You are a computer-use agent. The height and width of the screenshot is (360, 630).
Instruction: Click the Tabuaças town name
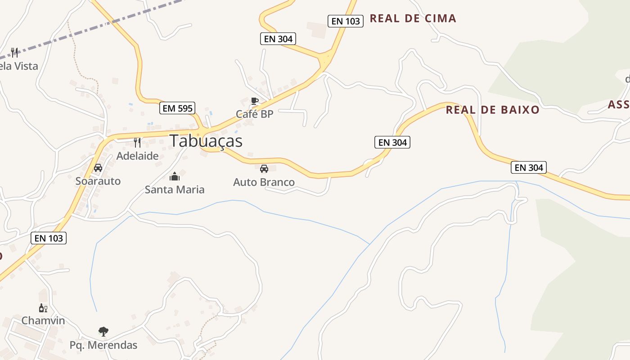[206, 141]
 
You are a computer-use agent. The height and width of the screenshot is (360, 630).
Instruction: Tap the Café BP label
[255, 114]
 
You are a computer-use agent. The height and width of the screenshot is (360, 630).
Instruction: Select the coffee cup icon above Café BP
[255, 101]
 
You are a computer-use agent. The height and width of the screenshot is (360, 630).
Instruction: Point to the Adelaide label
[137, 156]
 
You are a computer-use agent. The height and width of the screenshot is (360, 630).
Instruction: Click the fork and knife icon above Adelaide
[137, 143]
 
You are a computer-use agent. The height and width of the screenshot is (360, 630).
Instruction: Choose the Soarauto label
[98, 181]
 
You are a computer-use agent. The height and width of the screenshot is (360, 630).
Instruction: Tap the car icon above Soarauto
[98, 168]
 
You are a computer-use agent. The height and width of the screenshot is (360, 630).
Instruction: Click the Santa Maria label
[175, 189]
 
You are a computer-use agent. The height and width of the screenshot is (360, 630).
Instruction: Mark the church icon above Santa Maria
[175, 176]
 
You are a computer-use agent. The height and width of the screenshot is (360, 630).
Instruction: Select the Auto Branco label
[264, 182]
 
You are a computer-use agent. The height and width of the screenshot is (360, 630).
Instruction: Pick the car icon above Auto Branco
[264, 169]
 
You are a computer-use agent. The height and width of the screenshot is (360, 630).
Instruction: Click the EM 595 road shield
[177, 108]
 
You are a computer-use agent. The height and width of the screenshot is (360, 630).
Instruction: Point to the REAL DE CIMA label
[413, 18]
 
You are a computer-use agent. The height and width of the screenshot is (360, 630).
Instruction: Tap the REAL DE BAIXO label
[492, 110]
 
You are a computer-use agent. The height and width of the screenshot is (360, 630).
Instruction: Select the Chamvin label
[43, 321]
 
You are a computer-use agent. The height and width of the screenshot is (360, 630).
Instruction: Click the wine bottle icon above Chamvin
[43, 308]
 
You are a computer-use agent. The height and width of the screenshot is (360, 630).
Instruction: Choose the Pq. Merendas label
[103, 345]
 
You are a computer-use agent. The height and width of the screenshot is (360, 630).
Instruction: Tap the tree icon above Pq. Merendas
[103, 332]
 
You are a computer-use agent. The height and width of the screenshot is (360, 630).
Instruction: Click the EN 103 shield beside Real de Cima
[345, 21]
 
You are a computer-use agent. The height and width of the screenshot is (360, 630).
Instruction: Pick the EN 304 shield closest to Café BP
[278, 39]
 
